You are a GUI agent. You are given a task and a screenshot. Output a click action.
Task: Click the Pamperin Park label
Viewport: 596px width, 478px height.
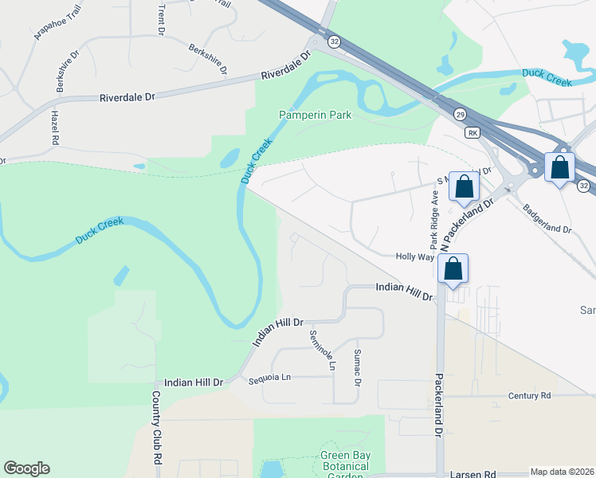pyautogui.click(x=316, y=116)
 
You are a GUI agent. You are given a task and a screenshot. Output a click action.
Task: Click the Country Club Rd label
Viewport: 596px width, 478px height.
pyautogui.click(x=157, y=429)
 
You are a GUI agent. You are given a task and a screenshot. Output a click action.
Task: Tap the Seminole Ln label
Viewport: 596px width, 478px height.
pyautogui.click(x=323, y=351)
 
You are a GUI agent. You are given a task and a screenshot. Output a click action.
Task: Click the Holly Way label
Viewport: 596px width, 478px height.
pyautogui.click(x=415, y=257)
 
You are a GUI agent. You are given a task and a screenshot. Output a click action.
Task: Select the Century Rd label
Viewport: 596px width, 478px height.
pyautogui.click(x=534, y=395)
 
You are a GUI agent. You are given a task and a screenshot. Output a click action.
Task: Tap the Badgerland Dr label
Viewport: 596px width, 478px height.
pyautogui.click(x=547, y=219)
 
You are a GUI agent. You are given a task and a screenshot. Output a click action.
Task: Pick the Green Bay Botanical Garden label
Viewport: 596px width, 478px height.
pyautogui.click(x=345, y=466)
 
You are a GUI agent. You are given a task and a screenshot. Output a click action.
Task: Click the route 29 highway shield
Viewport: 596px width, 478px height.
pyautogui.click(x=460, y=116)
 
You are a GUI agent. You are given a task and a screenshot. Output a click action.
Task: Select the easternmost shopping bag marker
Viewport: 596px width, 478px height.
pyautogui.click(x=560, y=167)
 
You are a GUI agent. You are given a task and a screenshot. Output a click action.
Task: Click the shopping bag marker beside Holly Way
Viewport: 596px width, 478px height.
pyautogui.click(x=453, y=269)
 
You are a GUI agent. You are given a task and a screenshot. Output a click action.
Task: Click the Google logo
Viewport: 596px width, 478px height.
pyautogui.click(x=26, y=468)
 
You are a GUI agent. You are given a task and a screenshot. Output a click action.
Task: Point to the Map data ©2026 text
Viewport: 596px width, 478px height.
pyautogui.click(x=562, y=472)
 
